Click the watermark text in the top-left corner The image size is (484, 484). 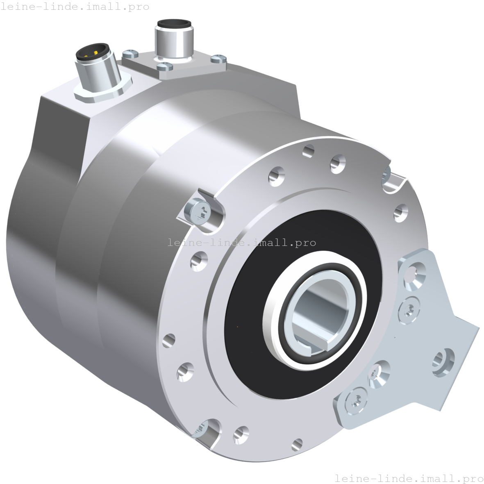coord(75,7)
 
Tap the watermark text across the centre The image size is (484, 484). coord(242,242)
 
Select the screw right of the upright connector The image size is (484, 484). coord(218,59)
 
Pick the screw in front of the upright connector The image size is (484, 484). coord(164,66)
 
